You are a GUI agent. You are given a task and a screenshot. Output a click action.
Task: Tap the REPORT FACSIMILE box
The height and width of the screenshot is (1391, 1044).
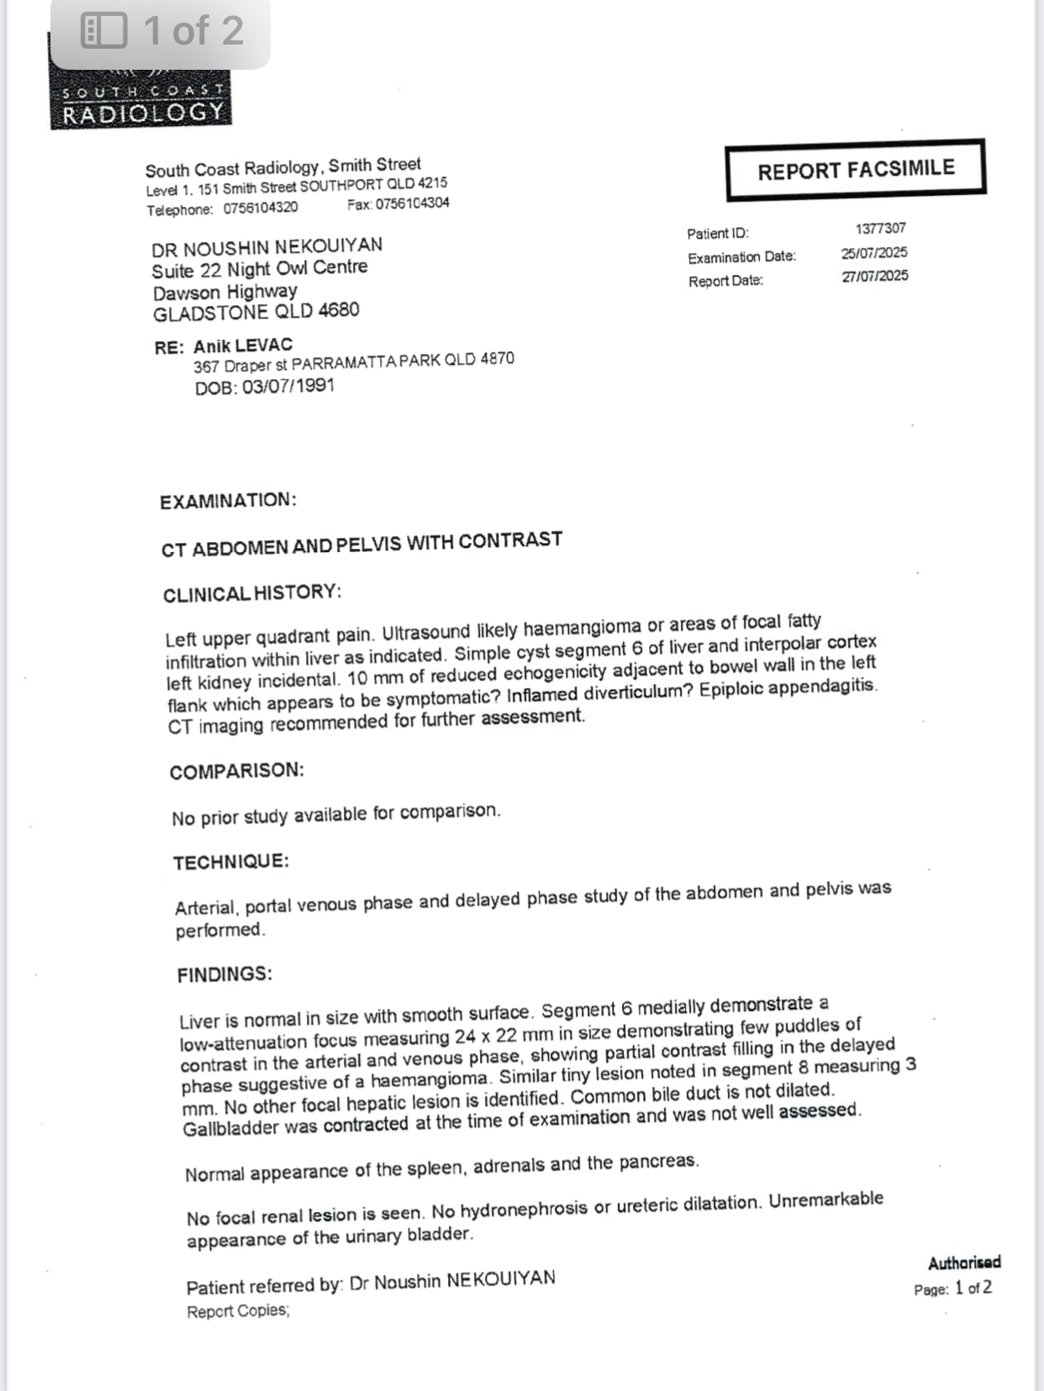pos(856,170)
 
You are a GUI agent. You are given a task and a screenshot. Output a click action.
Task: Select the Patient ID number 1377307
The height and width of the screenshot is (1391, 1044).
pos(880,229)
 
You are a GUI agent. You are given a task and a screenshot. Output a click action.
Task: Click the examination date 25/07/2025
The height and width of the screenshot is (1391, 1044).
pos(874,253)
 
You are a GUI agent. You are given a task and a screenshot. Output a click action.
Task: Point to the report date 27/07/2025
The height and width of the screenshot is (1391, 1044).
pos(875,277)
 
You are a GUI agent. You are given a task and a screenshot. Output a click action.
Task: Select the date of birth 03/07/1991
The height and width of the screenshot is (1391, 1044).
pos(288,387)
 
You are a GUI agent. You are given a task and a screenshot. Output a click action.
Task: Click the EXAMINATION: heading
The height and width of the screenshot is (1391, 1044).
pos(228,501)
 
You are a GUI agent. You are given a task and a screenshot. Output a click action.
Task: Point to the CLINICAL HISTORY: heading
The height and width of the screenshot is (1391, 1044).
pos(252,593)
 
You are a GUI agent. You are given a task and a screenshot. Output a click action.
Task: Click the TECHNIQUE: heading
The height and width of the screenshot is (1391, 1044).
pos(231,862)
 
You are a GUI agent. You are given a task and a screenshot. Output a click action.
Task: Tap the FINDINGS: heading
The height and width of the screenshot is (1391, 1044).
pos(224,975)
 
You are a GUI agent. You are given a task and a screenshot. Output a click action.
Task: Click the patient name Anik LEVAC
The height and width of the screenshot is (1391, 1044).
pos(243,345)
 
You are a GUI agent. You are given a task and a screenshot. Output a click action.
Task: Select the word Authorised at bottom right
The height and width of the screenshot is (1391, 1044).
pos(964,1262)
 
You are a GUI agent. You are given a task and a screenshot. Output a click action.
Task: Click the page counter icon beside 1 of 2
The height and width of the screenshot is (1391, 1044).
pos(103,31)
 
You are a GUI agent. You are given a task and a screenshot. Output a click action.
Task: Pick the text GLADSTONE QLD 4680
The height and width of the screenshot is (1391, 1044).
pos(256,313)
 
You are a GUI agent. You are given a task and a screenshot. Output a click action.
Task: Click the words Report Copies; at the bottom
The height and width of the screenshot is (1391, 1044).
pos(238,1311)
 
